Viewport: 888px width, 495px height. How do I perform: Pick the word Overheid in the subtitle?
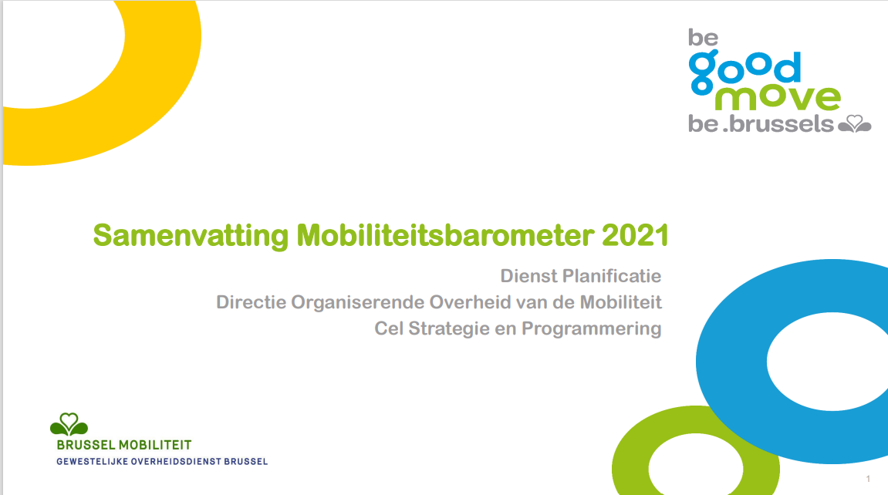[x=471, y=302]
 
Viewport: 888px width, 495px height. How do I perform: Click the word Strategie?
[x=449, y=328]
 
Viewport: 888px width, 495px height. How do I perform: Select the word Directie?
[x=252, y=302]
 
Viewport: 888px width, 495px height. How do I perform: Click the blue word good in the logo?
[x=745, y=72]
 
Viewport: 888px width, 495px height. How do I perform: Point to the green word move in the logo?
[x=778, y=98]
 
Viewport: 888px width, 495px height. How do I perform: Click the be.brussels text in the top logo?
[x=761, y=124]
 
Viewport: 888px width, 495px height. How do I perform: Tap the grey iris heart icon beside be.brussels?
[x=855, y=124]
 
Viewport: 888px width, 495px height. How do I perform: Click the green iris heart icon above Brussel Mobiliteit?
[x=69, y=424]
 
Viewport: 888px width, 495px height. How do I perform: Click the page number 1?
[x=868, y=479]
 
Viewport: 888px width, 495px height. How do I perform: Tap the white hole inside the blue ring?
[x=832, y=362]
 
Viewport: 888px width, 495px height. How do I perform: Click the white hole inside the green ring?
[x=695, y=466]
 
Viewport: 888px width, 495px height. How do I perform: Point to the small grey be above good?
[x=704, y=38]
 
